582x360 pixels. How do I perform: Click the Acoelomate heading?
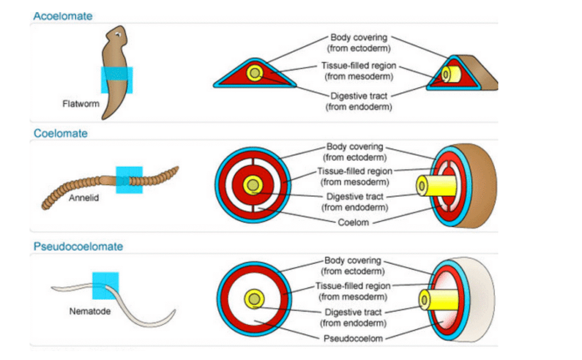click(63, 16)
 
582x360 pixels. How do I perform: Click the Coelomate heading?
click(60, 134)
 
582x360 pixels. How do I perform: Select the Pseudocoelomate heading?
click(78, 247)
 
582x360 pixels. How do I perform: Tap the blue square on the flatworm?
click(117, 80)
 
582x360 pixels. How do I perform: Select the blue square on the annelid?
click(129, 180)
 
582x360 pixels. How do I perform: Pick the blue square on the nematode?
click(105, 285)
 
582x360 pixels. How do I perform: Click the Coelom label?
click(355, 223)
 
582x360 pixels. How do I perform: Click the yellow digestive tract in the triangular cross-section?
click(255, 73)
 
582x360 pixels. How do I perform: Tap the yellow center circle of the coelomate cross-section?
click(252, 185)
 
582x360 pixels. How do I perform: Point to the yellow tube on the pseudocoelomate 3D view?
click(435, 300)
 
